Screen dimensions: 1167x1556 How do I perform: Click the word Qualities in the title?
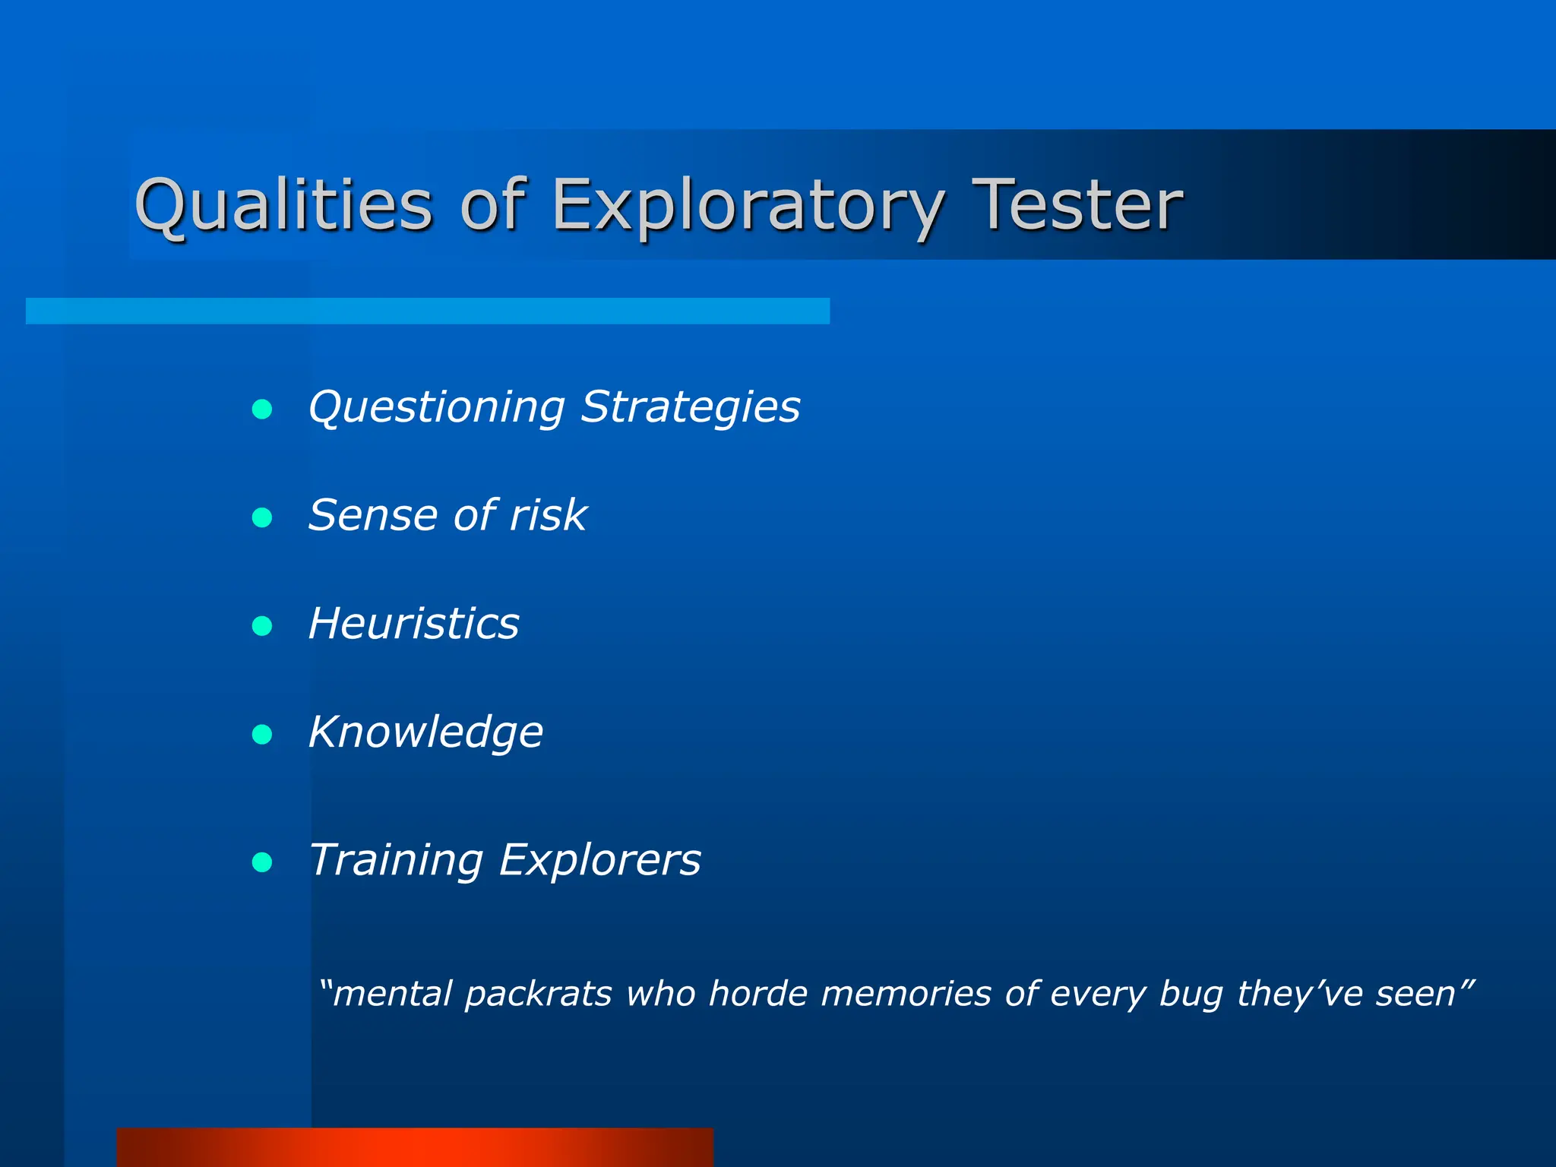tap(283, 205)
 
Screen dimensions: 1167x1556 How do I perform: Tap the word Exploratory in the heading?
tap(748, 205)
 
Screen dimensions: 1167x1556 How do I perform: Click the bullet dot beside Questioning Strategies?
tap(262, 410)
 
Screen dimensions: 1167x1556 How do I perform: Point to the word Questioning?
tap(437, 408)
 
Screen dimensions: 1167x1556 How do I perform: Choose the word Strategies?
tap(690, 408)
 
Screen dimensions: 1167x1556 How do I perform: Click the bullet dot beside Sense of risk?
tap(262, 518)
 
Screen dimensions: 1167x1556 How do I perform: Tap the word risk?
tap(548, 515)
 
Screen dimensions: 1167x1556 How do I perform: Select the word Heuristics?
tap(413, 624)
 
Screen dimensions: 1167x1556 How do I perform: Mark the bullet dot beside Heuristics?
tap(262, 626)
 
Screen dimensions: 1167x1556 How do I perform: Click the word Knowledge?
tap(425, 732)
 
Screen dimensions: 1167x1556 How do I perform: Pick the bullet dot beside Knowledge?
tap(262, 735)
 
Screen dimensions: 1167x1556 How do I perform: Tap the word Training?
tap(396, 860)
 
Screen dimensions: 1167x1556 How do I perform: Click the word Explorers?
tap(599, 860)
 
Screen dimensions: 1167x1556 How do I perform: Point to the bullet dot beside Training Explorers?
tap(262, 862)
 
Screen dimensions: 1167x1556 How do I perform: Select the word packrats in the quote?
tap(538, 995)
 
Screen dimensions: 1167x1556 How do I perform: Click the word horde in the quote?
tap(757, 993)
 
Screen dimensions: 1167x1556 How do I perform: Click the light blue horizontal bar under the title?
tap(427, 311)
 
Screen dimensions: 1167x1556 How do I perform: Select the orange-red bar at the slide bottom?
tap(415, 1147)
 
